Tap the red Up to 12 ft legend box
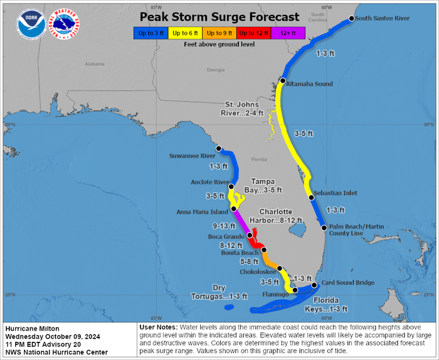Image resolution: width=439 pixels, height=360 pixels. click(x=254, y=33)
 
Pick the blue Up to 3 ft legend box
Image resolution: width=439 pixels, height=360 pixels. click(x=151, y=33)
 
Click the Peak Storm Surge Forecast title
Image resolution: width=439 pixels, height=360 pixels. click(x=219, y=17)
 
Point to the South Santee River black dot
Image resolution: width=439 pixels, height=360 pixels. click(x=351, y=19)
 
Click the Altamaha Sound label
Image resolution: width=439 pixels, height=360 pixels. click(x=310, y=83)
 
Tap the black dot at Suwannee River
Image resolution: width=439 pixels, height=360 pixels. click(x=219, y=149)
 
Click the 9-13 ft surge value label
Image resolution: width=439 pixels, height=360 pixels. click(x=224, y=226)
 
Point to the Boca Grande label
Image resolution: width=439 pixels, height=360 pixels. click(x=229, y=236)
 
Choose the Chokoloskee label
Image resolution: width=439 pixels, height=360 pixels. click(x=257, y=272)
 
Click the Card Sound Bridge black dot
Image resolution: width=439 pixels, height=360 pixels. click(x=314, y=285)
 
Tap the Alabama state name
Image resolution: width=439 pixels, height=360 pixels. click(x=95, y=64)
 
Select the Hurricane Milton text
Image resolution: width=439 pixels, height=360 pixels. click(x=32, y=329)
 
